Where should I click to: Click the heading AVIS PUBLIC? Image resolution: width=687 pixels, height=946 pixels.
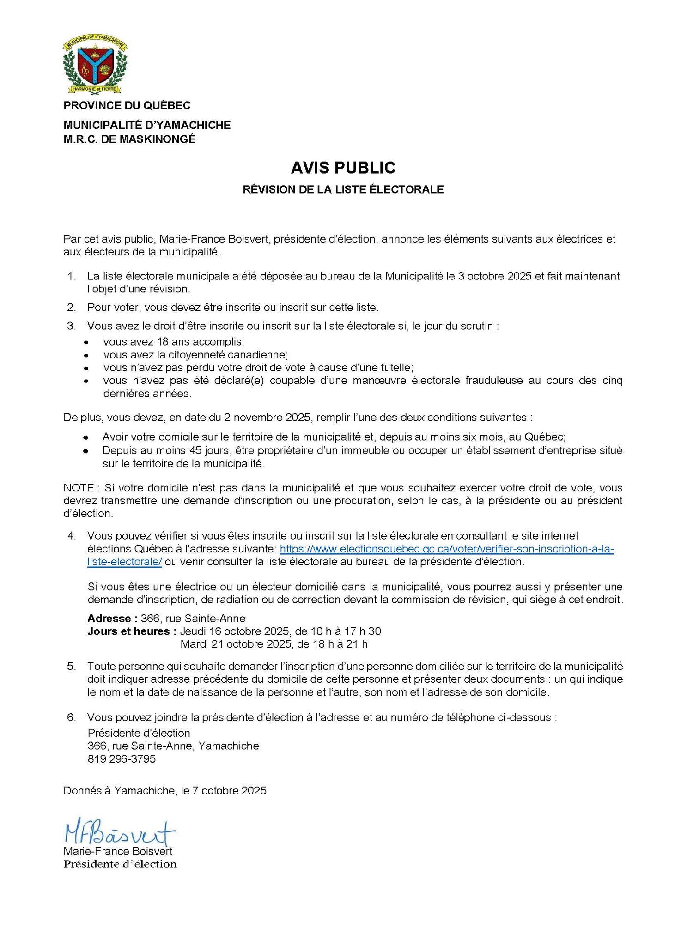tap(343, 168)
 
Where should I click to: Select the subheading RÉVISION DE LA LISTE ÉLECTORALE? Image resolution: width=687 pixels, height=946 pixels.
tap(343, 189)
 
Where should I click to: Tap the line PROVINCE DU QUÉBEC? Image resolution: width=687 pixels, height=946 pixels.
tap(127, 106)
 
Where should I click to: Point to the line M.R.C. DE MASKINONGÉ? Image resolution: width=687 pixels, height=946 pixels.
tap(129, 139)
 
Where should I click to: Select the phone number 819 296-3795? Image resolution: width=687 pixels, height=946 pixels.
tap(122, 758)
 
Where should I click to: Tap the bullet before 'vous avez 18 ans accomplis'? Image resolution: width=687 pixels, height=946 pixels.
tap(85, 343)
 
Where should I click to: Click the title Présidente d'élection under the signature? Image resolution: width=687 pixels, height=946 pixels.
tap(120, 864)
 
